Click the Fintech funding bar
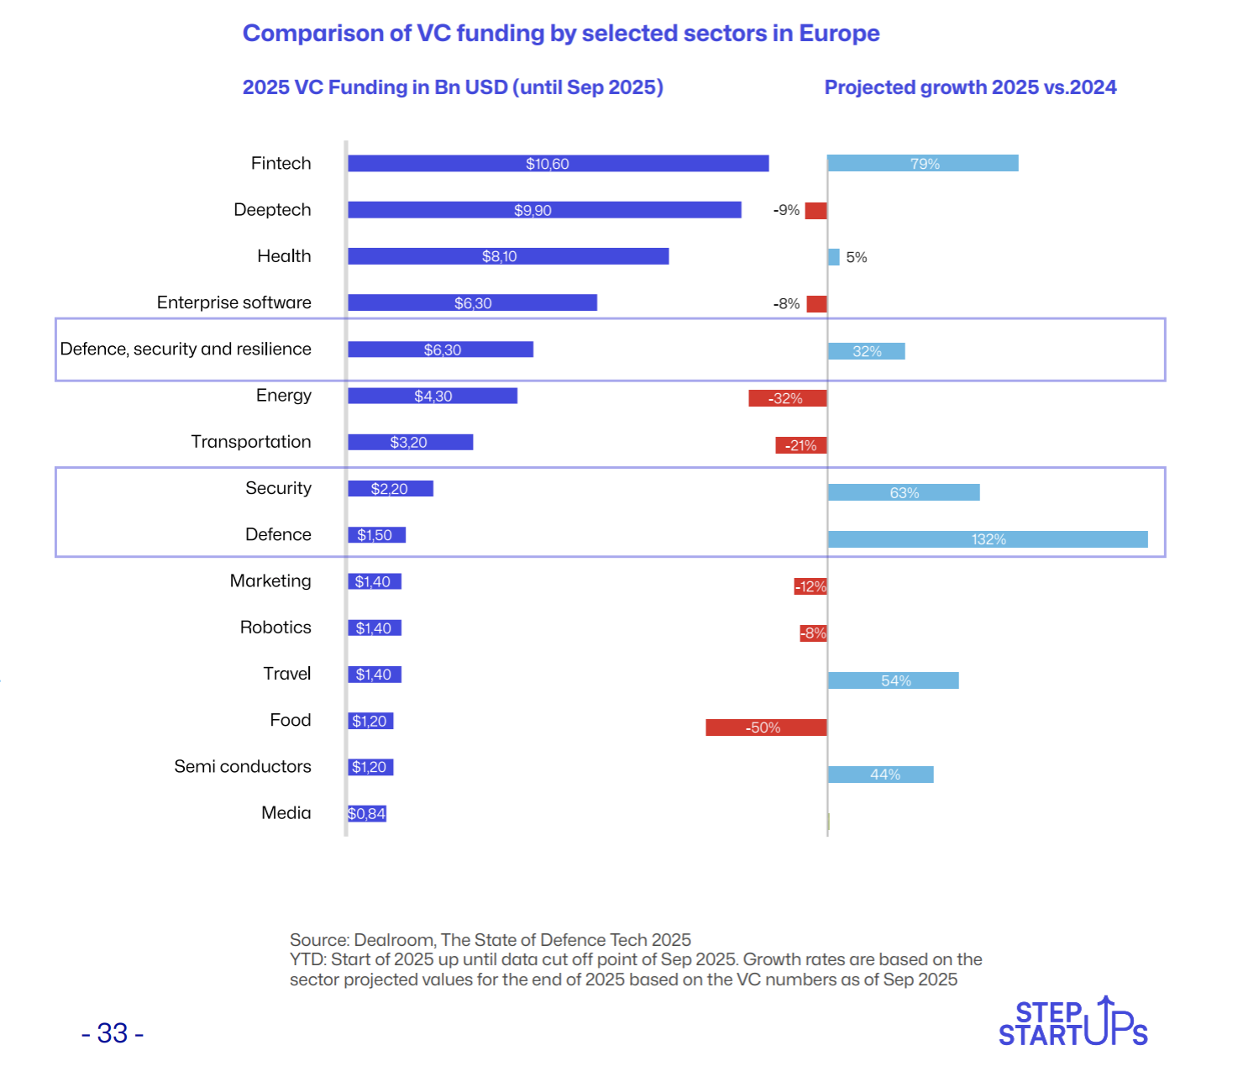558,164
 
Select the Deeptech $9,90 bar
544,210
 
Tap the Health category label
284,256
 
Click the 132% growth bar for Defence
988,539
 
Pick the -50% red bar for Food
766,727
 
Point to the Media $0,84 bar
367,813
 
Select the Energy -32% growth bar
787,398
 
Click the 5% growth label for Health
856,257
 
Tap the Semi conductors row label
243,766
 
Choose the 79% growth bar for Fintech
922,164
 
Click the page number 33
113,1033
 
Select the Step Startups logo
1073,1023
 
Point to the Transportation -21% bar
800,445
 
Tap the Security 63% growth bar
904,493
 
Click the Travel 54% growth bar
893,680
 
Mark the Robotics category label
275,628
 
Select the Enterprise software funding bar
472,302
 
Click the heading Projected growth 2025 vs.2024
970,87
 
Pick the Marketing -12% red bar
810,586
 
